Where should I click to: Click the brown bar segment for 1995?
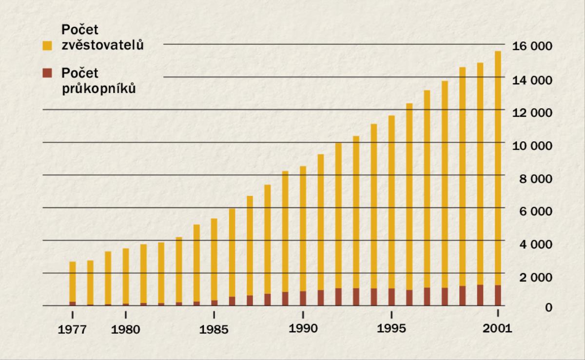(x=391, y=297)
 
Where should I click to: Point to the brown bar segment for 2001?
(x=498, y=295)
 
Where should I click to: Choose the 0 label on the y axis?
(x=548, y=308)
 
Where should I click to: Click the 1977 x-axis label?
(x=73, y=329)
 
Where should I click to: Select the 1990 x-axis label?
(x=303, y=328)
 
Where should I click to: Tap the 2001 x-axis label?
(x=498, y=328)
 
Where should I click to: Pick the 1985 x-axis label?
(x=214, y=329)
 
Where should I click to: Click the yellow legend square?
(x=47, y=46)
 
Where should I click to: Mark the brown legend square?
(x=47, y=74)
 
